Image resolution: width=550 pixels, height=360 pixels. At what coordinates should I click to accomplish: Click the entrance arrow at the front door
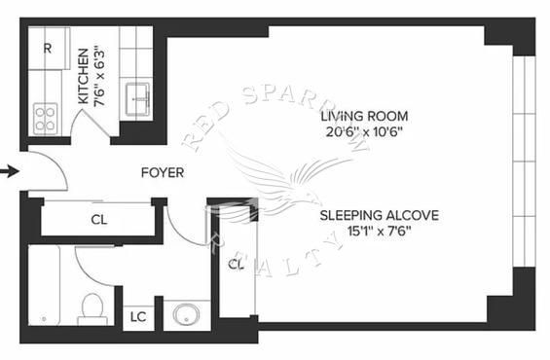[x=10, y=172]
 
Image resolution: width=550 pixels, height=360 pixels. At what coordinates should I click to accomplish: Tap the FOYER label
[x=163, y=173]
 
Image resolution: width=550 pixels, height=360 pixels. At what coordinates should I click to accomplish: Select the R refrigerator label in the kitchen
[x=48, y=49]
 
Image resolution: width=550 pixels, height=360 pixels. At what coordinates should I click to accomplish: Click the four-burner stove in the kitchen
[x=46, y=119]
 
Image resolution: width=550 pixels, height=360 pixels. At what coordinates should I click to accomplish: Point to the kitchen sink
[x=138, y=99]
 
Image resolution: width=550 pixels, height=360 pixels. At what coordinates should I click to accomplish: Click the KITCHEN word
[x=84, y=76]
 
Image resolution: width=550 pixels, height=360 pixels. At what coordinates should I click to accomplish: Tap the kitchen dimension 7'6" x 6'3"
[x=99, y=78]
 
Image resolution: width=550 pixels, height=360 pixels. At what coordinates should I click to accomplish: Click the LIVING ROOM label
[x=364, y=116]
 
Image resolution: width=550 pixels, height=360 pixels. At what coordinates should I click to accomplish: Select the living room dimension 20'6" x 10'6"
[x=364, y=132]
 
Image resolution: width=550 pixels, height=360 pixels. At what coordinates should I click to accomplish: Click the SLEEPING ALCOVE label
[x=380, y=215]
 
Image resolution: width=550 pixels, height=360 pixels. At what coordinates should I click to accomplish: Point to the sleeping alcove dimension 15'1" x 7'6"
[x=380, y=232]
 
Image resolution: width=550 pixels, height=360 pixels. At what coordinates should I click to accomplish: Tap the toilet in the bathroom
[x=92, y=309]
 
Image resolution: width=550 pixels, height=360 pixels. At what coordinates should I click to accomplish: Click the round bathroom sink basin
[x=187, y=314]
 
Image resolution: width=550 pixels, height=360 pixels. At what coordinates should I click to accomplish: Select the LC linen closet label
[x=138, y=317]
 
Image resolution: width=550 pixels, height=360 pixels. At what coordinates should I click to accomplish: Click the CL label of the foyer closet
[x=99, y=220]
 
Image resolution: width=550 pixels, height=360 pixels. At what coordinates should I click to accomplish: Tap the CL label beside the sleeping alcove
[x=236, y=265]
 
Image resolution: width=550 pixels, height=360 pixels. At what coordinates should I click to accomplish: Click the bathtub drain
[x=44, y=319]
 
